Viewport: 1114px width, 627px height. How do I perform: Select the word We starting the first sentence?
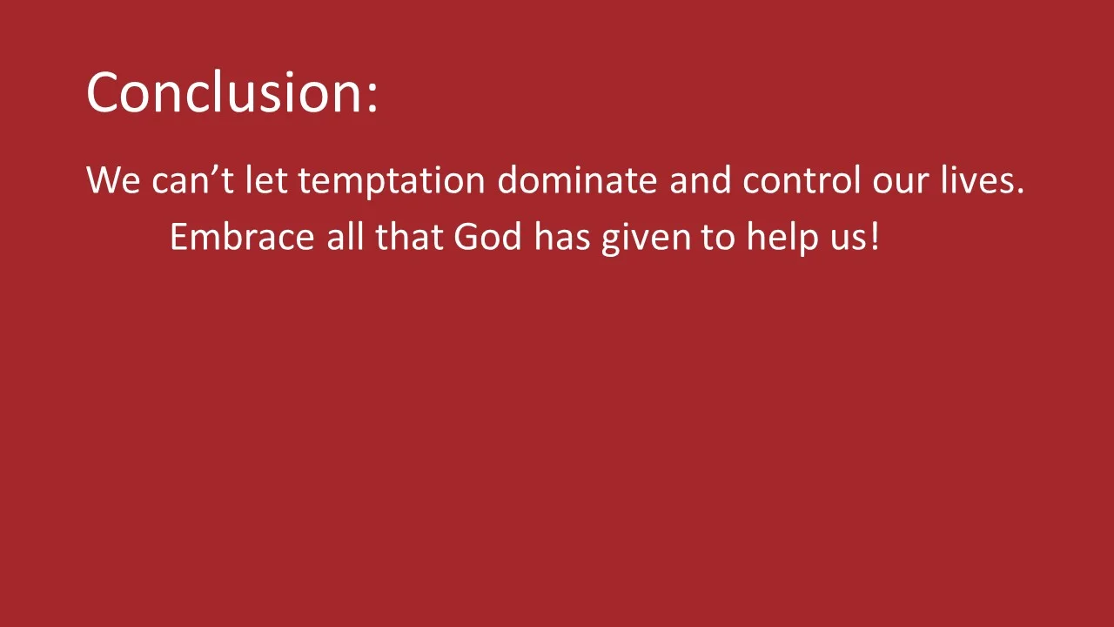tap(112, 181)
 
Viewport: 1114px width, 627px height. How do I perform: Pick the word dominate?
tap(577, 181)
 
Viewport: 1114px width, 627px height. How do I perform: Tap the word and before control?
tap(700, 181)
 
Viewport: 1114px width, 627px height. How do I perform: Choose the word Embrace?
tap(241, 237)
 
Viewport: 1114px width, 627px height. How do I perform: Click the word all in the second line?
tap(345, 237)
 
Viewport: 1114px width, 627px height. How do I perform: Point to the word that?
tap(409, 237)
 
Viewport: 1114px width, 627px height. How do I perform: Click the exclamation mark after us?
tap(874, 237)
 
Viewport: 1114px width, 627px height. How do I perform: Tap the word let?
tap(265, 181)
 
